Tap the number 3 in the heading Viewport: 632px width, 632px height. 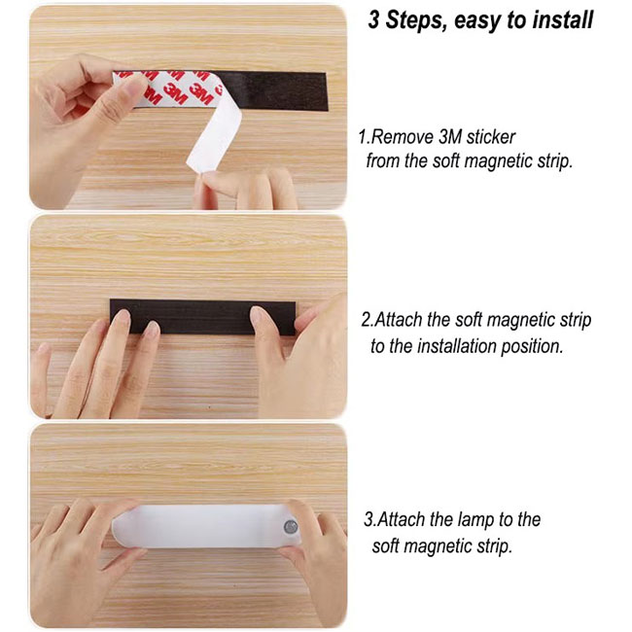pyautogui.click(x=373, y=19)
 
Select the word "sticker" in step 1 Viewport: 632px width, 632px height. pyautogui.click(x=490, y=137)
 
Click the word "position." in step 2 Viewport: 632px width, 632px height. pyautogui.click(x=532, y=347)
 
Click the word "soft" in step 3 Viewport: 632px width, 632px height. pyautogui.click(x=386, y=546)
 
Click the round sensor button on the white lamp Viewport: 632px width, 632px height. pyautogui.click(x=290, y=526)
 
